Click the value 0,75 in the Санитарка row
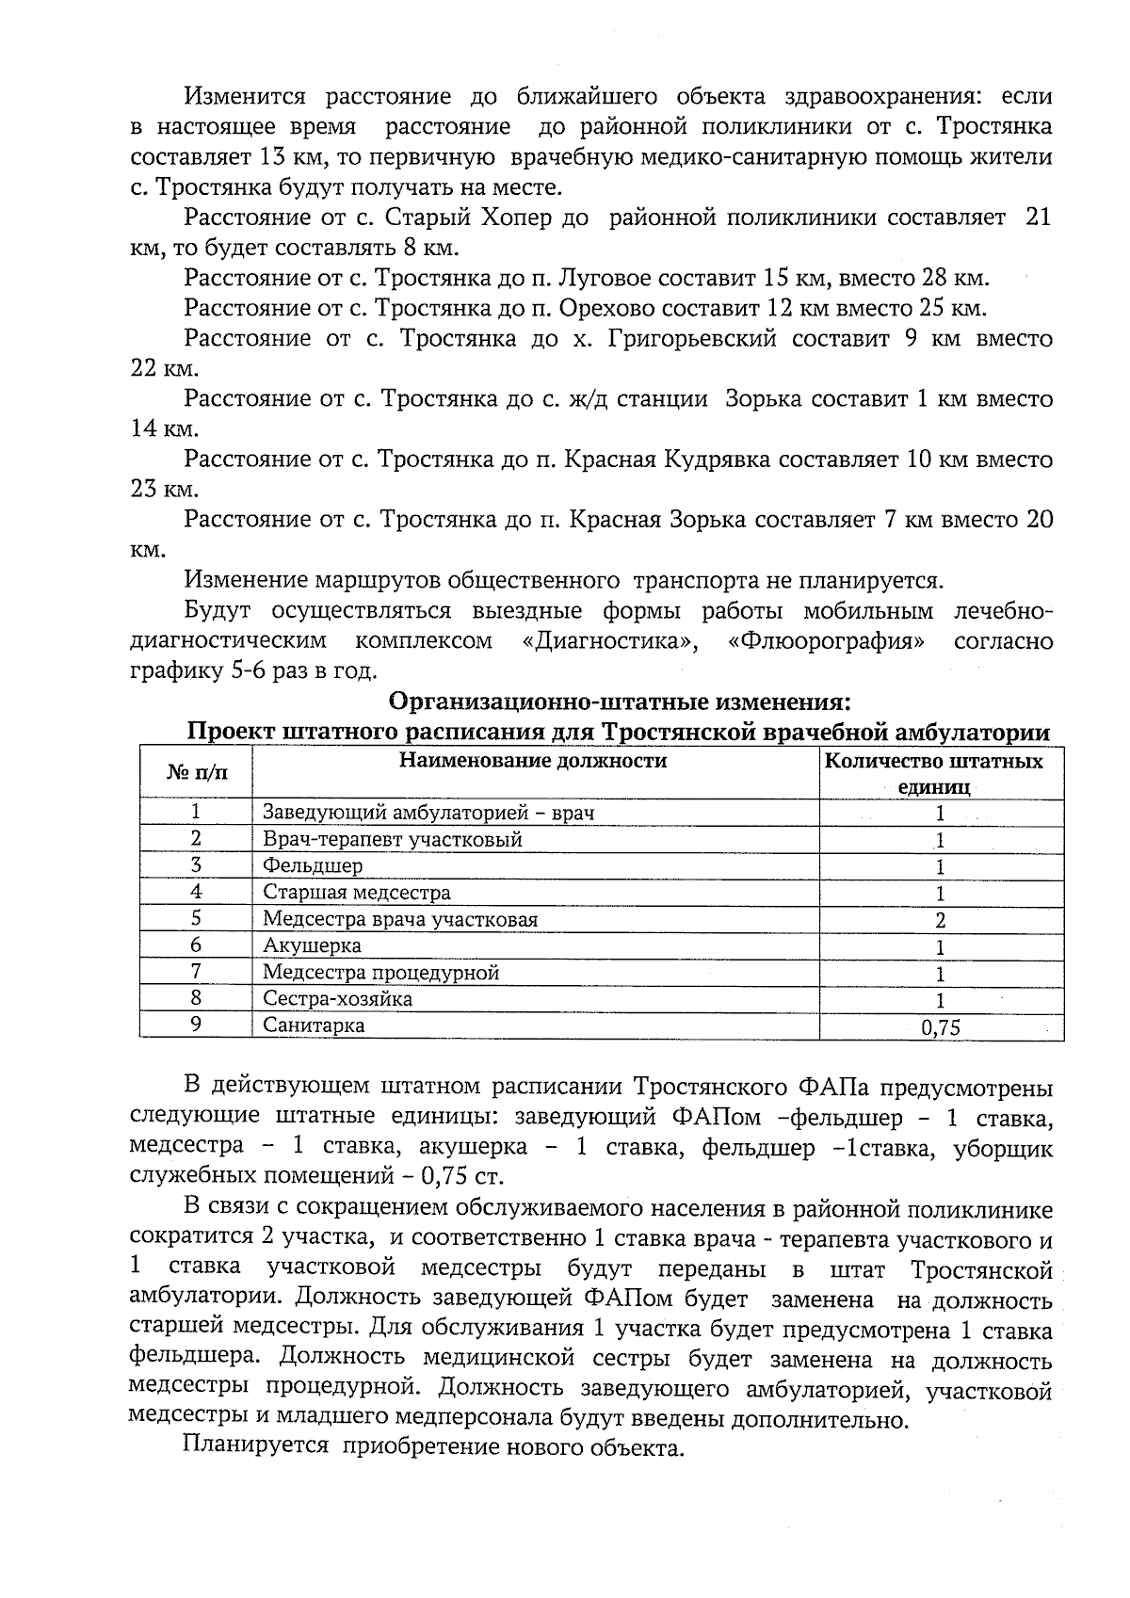pyautogui.click(x=940, y=1028)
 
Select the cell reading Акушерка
pyautogui.click(x=312, y=945)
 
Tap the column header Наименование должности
pyautogui.click(x=533, y=761)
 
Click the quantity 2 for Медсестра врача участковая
pyautogui.click(x=940, y=921)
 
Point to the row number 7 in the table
pyautogui.click(x=196, y=972)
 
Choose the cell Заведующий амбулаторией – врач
pyautogui.click(x=428, y=813)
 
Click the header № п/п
pyautogui.click(x=197, y=773)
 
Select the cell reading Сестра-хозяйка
pyautogui.click(x=337, y=999)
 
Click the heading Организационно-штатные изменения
pyautogui.click(x=620, y=702)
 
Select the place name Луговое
pyautogui.click(x=605, y=279)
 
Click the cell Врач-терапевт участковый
pyautogui.click(x=392, y=839)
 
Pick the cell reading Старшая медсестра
pyautogui.click(x=356, y=892)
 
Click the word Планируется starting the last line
pyautogui.click(x=255, y=1447)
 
